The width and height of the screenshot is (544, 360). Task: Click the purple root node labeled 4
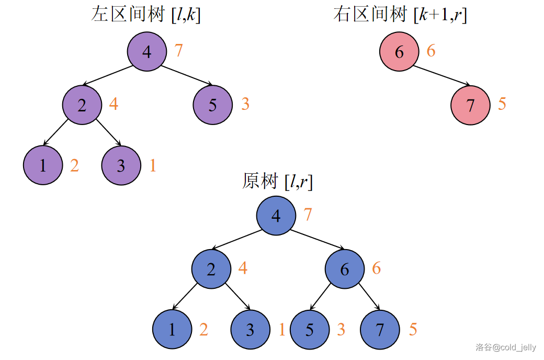click(x=147, y=51)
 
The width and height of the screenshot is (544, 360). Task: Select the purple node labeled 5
click(x=212, y=105)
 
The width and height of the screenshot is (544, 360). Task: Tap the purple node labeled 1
click(x=43, y=165)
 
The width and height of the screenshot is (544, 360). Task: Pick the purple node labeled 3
click(x=121, y=165)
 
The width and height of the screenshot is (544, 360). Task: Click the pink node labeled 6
click(x=399, y=51)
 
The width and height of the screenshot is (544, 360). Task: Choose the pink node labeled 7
click(x=470, y=105)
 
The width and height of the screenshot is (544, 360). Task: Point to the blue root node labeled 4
click(x=276, y=216)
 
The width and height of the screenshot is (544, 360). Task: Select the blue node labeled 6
click(x=344, y=269)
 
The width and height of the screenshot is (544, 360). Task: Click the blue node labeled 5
click(x=310, y=330)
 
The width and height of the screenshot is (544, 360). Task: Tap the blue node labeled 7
click(x=380, y=330)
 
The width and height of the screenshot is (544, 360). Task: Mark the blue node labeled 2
click(x=211, y=269)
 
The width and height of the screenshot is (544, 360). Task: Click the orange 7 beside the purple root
click(x=179, y=51)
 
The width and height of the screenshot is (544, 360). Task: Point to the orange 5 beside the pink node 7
click(x=502, y=104)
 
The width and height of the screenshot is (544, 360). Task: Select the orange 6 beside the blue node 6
click(x=377, y=268)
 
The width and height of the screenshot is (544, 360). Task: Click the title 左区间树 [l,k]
click(x=146, y=14)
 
